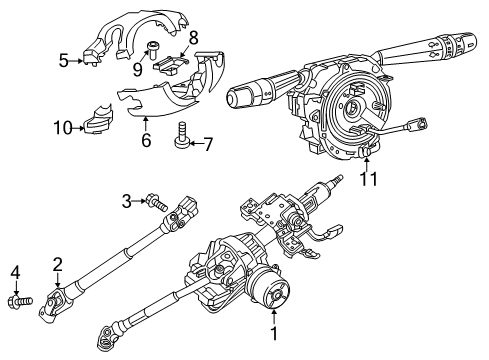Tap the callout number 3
pyautogui.click(x=128, y=202)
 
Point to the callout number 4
pyautogui.click(x=15, y=272)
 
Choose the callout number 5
pyautogui.click(x=63, y=61)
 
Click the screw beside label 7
pyautogui.click(x=183, y=134)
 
